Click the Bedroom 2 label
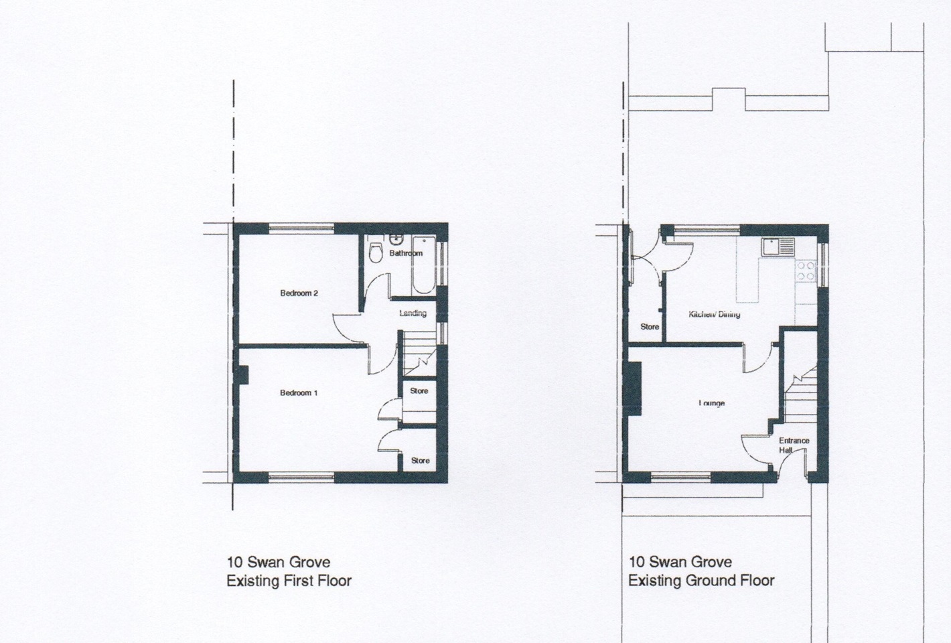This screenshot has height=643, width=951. click(299, 293)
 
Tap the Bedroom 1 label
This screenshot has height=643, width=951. click(299, 393)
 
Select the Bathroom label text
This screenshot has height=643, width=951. click(406, 253)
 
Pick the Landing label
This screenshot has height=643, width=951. click(413, 313)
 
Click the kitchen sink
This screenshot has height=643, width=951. click(778, 246)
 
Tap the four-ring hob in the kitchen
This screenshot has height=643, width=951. click(806, 271)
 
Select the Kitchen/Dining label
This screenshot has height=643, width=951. click(714, 314)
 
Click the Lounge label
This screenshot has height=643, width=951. click(711, 403)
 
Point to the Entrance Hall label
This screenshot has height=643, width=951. click(794, 445)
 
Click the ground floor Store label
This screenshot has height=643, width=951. click(650, 327)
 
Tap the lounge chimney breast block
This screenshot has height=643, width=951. click(635, 388)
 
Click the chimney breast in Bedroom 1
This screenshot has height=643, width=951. click(243, 375)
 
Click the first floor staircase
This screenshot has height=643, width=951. click(419, 353)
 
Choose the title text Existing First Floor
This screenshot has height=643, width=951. click(289, 581)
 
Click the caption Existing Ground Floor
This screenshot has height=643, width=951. click(701, 581)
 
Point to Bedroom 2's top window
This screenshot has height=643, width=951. click(301, 229)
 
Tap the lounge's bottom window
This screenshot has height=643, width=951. click(681, 478)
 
